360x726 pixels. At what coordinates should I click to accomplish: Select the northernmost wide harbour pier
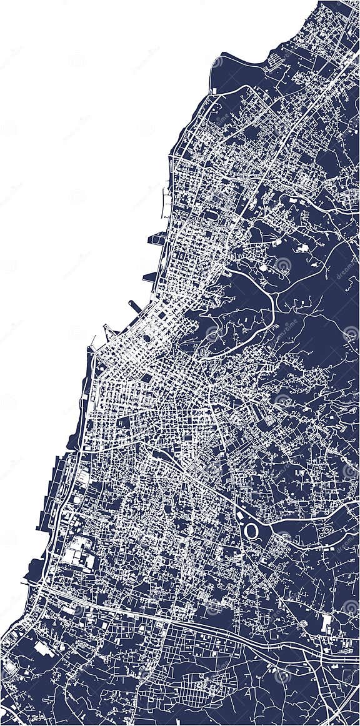pos(156,238)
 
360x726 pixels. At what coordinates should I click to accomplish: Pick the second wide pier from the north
pos(151,277)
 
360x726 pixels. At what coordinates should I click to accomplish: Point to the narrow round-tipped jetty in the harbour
pos(135,306)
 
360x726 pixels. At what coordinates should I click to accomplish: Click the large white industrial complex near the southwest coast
pos(79,553)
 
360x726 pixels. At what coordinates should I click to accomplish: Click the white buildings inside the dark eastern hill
pos(304,248)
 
